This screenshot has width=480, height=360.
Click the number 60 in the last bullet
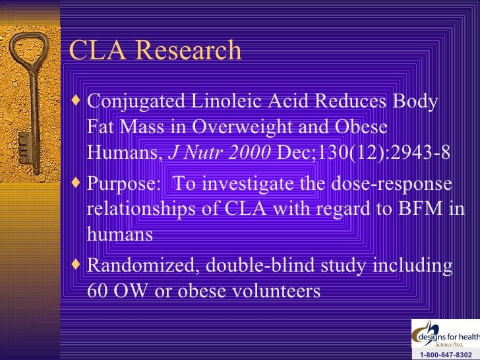click(98, 291)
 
